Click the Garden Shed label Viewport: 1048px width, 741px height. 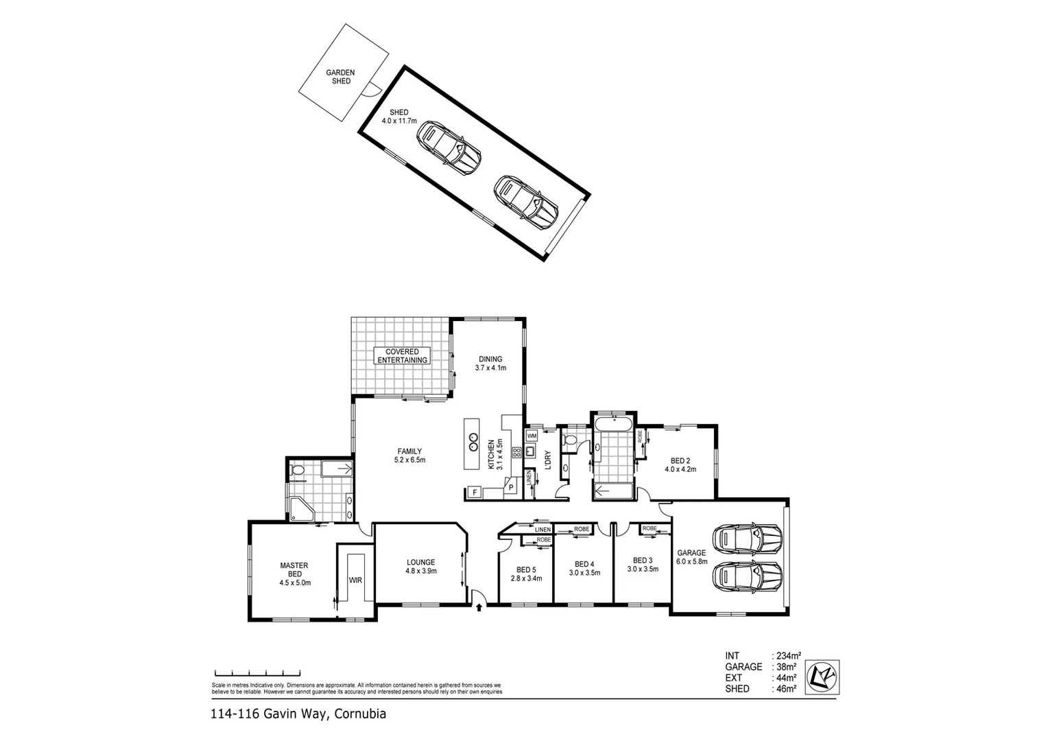click(x=341, y=76)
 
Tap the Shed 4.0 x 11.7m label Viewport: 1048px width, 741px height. click(x=398, y=116)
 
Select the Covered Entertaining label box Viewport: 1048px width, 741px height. click(x=402, y=355)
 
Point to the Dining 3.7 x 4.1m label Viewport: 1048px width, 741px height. click(x=490, y=363)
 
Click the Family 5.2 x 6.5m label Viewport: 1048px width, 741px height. click(x=409, y=456)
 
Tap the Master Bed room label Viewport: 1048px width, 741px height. click(x=294, y=574)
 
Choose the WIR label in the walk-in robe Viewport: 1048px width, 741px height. click(x=355, y=580)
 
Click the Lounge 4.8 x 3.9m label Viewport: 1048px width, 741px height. click(x=420, y=566)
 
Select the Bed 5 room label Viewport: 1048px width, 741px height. click(x=526, y=574)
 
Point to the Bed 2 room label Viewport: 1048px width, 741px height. click(x=680, y=465)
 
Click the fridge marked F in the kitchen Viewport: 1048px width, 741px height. click(x=473, y=492)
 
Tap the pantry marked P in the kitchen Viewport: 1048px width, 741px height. click(x=511, y=487)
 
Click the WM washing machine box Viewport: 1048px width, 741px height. click(x=532, y=436)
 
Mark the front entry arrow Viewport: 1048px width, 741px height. click(x=479, y=605)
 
